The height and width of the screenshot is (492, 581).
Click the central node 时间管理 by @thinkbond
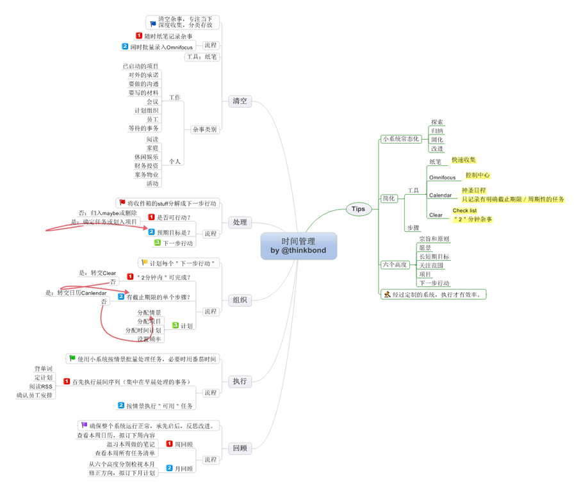coord(299,246)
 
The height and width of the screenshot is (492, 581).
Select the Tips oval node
coord(358,208)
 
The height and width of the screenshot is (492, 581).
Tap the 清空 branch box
coord(240,101)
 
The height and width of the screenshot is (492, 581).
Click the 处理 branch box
coord(240,222)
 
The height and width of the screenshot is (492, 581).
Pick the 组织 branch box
coord(240,300)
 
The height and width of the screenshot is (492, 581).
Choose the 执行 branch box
coord(240,381)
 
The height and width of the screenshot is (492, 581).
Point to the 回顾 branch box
coord(240,448)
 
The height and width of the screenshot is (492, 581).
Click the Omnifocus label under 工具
coord(442,177)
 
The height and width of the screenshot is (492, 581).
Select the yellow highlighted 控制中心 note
coord(477,175)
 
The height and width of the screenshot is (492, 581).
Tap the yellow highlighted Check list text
coord(464,210)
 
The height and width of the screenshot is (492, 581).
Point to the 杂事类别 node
coord(204,129)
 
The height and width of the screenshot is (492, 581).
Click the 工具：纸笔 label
coord(201,57)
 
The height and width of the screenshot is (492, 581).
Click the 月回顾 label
coord(183,468)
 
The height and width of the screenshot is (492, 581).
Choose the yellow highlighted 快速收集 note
coord(464,160)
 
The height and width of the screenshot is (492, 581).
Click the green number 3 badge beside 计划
coord(176,325)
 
